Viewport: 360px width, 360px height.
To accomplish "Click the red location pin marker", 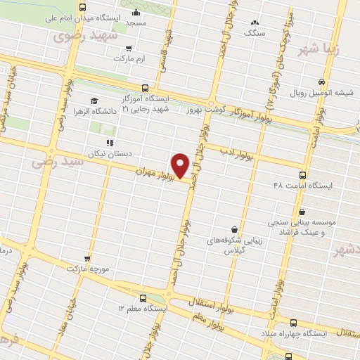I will [181, 165].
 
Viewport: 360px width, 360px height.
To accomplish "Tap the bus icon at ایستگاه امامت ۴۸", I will [303, 175].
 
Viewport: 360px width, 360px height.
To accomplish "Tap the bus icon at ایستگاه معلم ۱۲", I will [143, 297].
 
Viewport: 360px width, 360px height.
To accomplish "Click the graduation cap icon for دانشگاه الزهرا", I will [95, 101].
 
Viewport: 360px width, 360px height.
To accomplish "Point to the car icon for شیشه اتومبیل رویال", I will [321, 82].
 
